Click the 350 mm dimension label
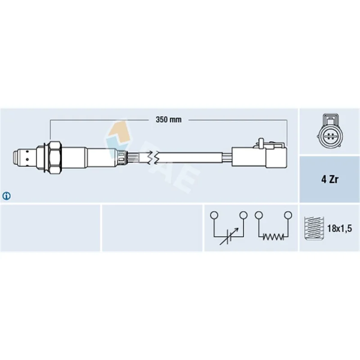[x=168, y=120]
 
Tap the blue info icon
[x=6, y=196]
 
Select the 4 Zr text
[x=330, y=179]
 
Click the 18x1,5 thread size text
[x=340, y=229]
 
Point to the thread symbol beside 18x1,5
[x=314, y=229]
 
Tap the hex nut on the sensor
[x=55, y=157]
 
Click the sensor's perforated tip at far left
[x=24, y=158]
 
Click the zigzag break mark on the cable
[x=153, y=157]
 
